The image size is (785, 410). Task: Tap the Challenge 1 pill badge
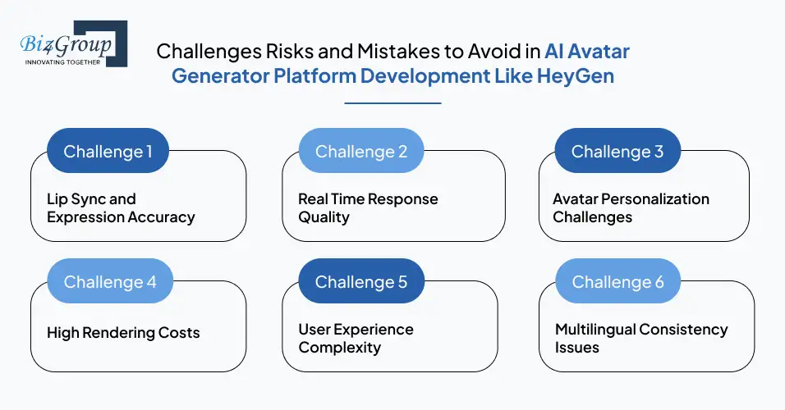tap(108, 152)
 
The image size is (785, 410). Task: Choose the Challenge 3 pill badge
tap(617, 152)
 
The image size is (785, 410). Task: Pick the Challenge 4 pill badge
tap(110, 282)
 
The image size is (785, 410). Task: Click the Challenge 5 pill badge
tap(361, 282)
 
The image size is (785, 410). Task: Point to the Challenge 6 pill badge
tap(617, 282)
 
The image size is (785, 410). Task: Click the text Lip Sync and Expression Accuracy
tap(121, 208)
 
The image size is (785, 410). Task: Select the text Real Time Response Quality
tap(368, 208)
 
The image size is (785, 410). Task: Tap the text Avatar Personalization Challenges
tap(631, 208)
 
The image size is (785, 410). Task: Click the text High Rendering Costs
tap(123, 332)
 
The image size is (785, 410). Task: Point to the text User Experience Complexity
tap(356, 339)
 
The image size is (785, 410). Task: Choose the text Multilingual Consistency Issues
tap(641, 339)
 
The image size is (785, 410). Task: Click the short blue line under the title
tap(392, 103)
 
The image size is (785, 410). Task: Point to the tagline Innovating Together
tap(62, 61)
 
